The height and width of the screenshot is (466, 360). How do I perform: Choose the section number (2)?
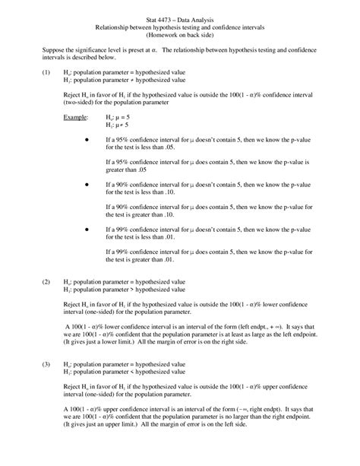point(25,281)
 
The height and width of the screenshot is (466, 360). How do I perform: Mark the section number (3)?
point(25,364)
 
